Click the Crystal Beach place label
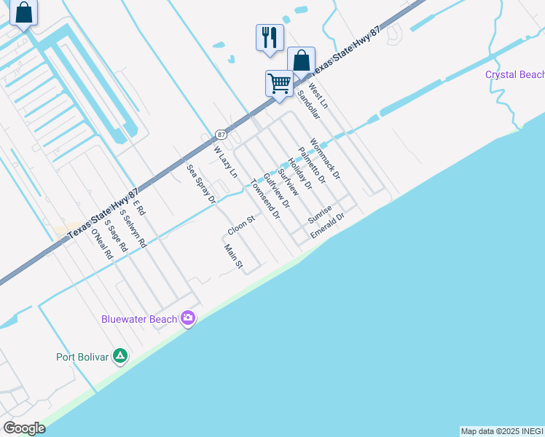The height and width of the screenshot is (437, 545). pyautogui.click(x=515, y=75)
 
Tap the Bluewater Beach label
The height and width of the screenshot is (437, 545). pyautogui.click(x=139, y=319)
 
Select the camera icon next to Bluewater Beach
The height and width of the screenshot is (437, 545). pyautogui.click(x=188, y=318)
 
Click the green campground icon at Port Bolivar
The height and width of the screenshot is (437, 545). pyautogui.click(x=121, y=356)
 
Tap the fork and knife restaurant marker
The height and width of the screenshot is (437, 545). pyautogui.click(x=270, y=36)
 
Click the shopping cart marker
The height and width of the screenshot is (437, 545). pyautogui.click(x=280, y=84)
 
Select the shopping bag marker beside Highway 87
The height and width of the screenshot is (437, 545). pyautogui.click(x=301, y=60)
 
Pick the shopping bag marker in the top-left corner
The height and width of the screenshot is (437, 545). pyautogui.click(x=23, y=12)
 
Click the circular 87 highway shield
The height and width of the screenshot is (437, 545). pyautogui.click(x=221, y=135)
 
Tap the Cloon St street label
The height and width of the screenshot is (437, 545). pyautogui.click(x=240, y=224)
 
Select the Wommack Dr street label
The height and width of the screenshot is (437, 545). pyautogui.click(x=325, y=160)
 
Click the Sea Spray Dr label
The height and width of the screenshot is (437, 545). pyautogui.click(x=201, y=184)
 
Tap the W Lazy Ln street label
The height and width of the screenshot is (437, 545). pyautogui.click(x=225, y=162)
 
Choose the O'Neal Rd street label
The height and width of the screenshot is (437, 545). pyautogui.click(x=101, y=245)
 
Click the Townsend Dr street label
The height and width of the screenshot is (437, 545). pyautogui.click(x=264, y=199)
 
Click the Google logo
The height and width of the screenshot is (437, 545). pyautogui.click(x=24, y=428)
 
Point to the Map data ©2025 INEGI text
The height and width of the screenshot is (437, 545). pyautogui.click(x=502, y=431)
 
